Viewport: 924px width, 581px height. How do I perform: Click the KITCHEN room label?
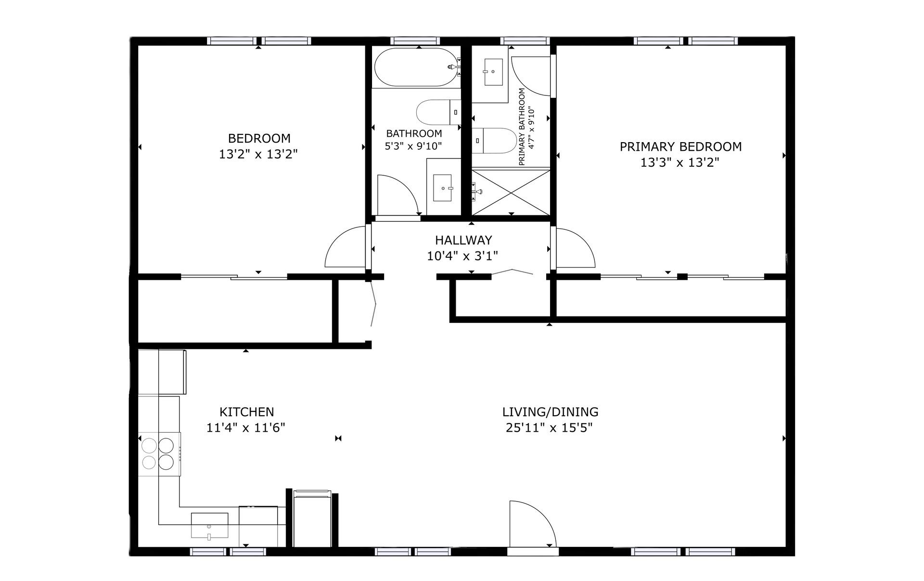click(x=246, y=412)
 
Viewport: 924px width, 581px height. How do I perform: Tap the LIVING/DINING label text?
click(x=550, y=412)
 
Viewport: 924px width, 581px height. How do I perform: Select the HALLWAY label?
click(x=463, y=240)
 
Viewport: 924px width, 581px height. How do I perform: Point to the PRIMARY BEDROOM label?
click(x=680, y=146)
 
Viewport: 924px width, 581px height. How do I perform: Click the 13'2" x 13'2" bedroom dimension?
click(x=258, y=154)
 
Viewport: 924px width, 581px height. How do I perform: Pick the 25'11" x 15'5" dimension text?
click(x=549, y=428)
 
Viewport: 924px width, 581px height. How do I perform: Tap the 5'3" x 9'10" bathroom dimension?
click(x=413, y=146)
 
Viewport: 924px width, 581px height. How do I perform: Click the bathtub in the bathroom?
click(x=415, y=67)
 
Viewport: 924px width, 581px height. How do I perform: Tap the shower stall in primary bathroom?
click(x=511, y=192)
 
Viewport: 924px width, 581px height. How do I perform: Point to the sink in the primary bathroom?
click(x=493, y=72)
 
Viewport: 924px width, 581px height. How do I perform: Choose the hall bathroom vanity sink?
click(x=443, y=188)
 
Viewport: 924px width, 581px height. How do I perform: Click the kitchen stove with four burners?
click(x=159, y=453)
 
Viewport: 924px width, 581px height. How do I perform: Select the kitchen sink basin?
click(x=209, y=525)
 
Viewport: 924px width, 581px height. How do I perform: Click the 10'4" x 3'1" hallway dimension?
click(x=462, y=256)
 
